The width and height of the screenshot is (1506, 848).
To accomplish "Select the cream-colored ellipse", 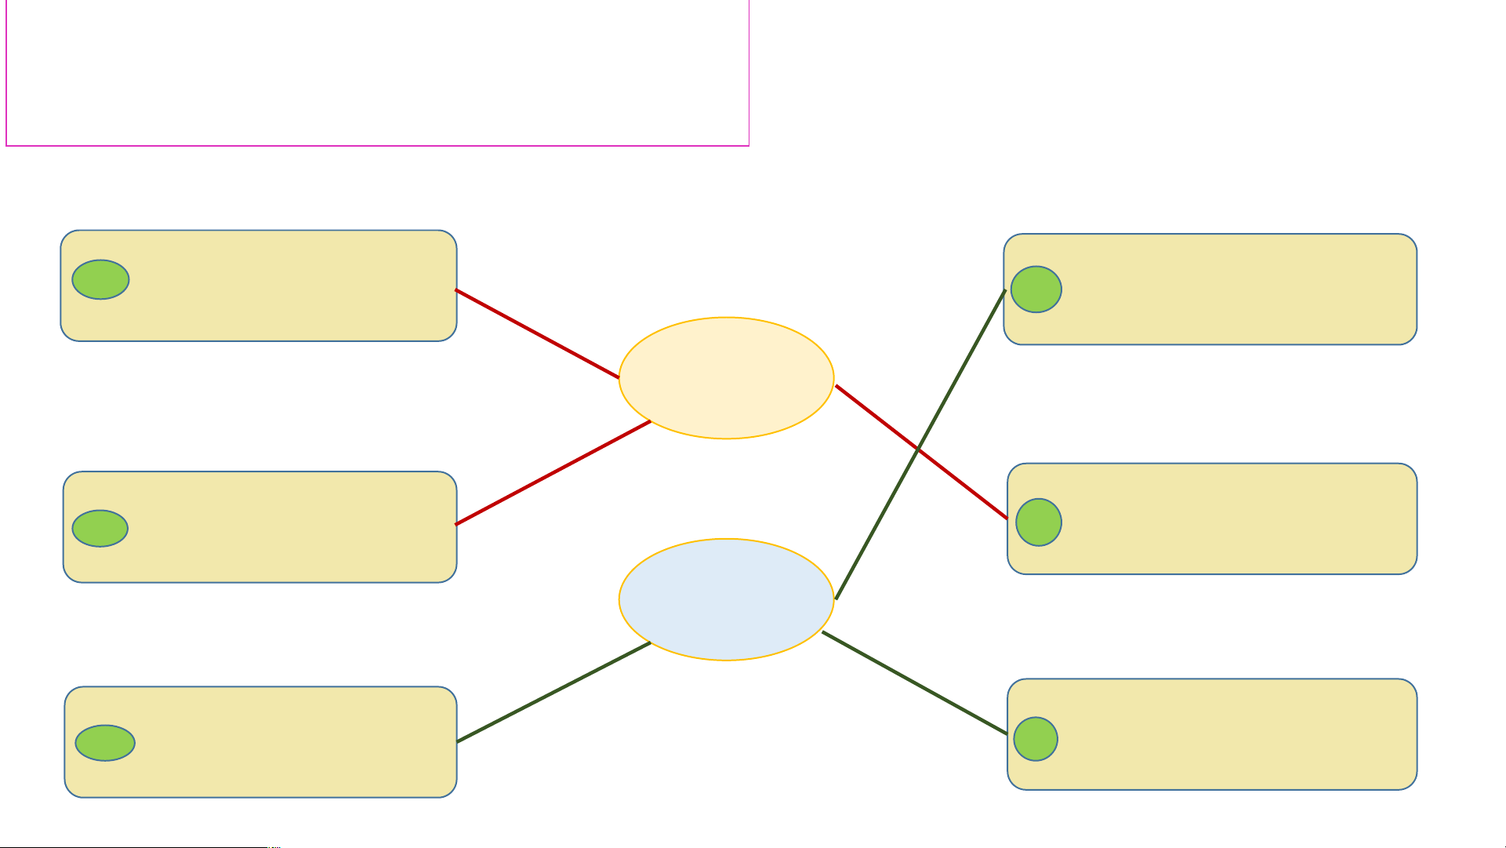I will (x=726, y=378).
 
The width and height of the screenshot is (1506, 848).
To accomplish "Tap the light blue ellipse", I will (x=726, y=599).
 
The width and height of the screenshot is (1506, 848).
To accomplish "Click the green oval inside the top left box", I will (x=100, y=279).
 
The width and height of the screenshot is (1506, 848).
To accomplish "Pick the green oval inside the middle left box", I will (x=100, y=528).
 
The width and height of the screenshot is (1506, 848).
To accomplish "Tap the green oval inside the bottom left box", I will (x=105, y=743).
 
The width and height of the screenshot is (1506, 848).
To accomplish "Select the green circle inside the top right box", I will (x=1036, y=289).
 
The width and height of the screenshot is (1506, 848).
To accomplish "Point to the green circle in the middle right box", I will (x=1038, y=522).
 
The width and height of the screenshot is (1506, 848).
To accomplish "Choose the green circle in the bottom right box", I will (x=1035, y=739).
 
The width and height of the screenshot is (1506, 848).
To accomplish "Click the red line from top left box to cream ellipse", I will (x=537, y=333).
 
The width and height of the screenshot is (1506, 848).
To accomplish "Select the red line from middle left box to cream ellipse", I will (x=553, y=473).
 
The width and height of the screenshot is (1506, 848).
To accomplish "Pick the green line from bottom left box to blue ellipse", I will (x=553, y=692).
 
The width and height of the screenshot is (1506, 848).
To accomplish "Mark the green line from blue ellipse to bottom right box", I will (x=914, y=682).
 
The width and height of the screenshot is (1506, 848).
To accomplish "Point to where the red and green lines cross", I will (x=918, y=449).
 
